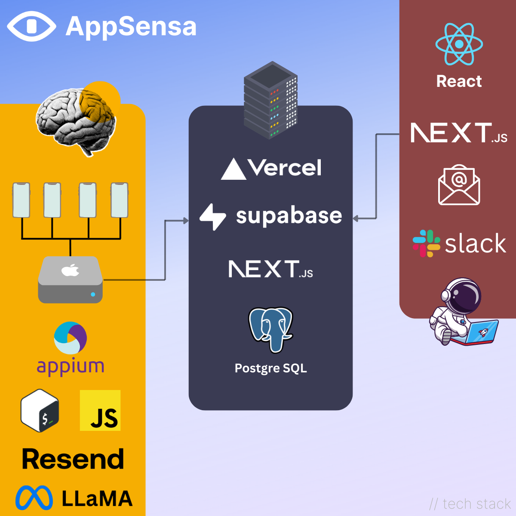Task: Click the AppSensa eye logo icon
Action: point(31,26)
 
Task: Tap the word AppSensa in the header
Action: point(131,27)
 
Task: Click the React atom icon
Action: point(459,44)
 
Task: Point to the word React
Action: point(459,81)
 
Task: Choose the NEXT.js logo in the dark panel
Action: point(270,269)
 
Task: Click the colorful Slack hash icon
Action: point(426,243)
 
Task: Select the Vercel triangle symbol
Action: point(233,169)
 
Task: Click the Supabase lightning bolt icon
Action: point(213,217)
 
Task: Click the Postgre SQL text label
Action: point(271,368)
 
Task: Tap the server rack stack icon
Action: point(271,100)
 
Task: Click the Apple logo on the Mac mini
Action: point(71,270)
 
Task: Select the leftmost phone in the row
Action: point(21,200)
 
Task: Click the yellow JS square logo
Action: point(100,411)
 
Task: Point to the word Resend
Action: point(73,459)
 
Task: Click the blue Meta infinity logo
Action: point(34,498)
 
